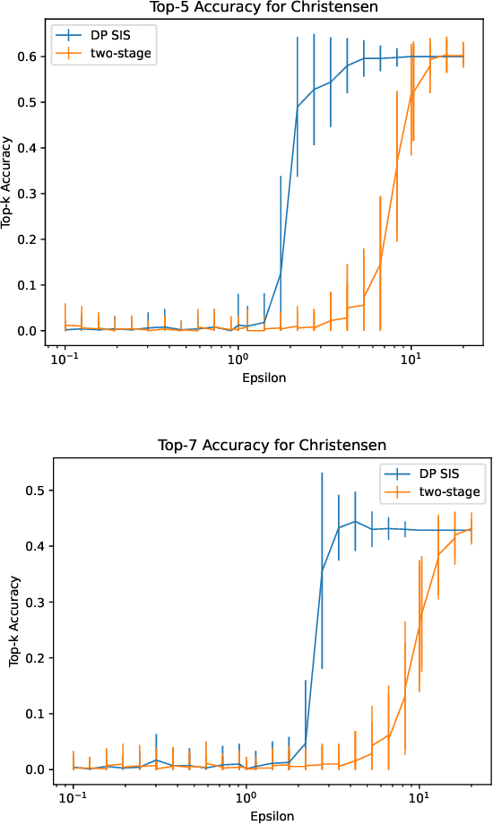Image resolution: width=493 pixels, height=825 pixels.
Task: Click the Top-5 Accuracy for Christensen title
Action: click(263, 7)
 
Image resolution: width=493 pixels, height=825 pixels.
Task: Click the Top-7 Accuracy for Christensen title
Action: click(272, 445)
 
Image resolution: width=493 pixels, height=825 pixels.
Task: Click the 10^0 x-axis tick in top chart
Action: click(238, 360)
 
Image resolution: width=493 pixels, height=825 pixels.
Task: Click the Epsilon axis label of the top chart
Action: click(264, 378)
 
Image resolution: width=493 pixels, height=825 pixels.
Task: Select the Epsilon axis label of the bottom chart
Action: click(272, 815)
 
